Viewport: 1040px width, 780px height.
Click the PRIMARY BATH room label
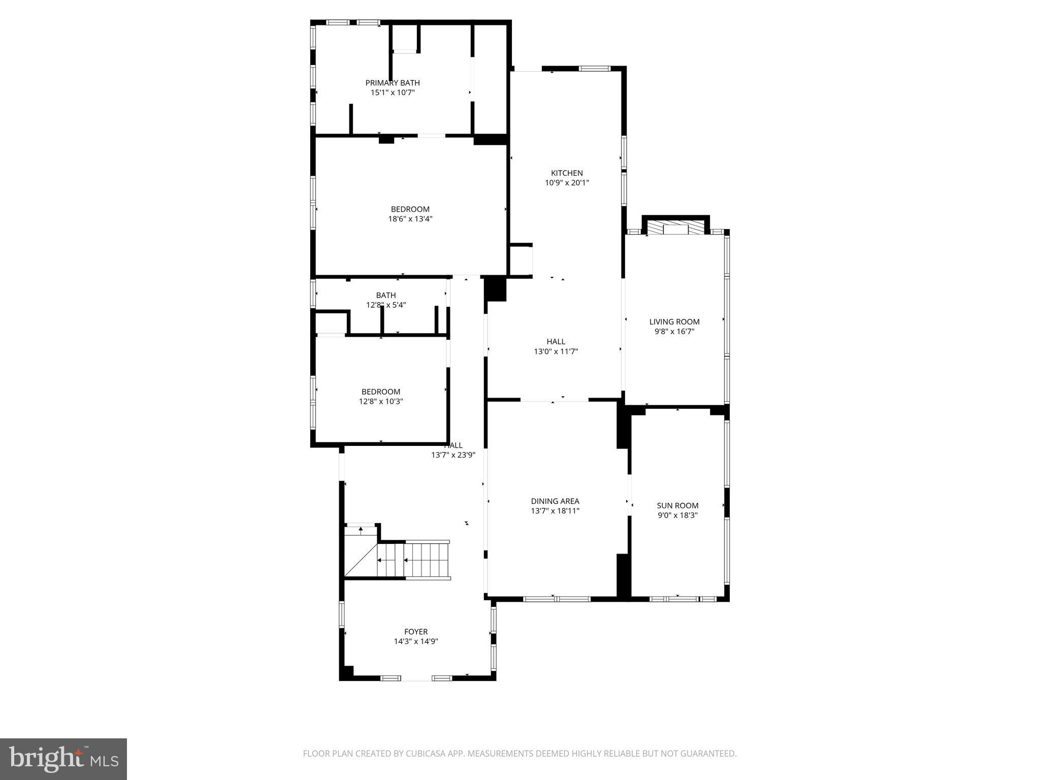393,83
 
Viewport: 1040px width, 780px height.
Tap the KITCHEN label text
567,173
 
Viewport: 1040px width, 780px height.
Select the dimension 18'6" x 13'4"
410,219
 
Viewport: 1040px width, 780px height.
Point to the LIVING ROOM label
674,321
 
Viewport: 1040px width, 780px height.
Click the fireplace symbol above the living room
675,227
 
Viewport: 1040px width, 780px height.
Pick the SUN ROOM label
677,505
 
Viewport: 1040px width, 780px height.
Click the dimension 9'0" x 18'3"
677,515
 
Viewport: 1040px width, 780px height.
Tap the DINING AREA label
555,501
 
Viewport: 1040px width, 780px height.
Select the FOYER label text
416,632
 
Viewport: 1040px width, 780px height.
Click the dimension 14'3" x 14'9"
416,641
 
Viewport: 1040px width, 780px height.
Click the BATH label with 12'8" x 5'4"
386,295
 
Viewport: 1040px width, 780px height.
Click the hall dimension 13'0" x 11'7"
556,351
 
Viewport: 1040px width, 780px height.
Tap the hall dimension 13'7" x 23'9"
453,455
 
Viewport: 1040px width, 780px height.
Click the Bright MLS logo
63,759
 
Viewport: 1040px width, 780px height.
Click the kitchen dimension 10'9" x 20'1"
567,183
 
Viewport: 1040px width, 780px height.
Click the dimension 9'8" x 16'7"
674,331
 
